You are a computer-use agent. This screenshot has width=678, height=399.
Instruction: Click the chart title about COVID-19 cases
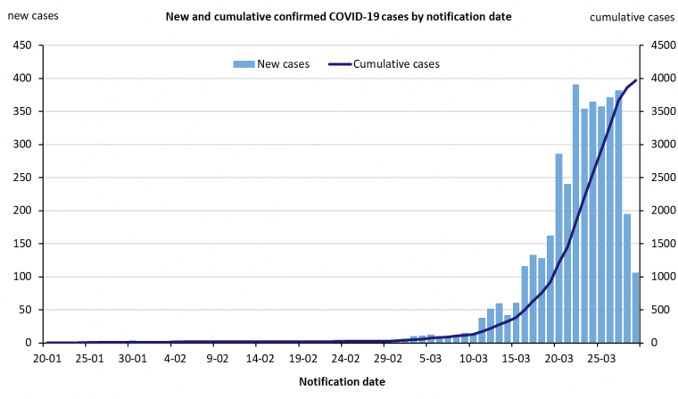pos(338,17)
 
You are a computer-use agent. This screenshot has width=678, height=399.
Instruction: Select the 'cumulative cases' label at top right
pos(633,17)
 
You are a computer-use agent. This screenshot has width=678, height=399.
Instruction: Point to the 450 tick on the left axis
pos(22,46)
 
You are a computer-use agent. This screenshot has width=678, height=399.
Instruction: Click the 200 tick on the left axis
pos(22,211)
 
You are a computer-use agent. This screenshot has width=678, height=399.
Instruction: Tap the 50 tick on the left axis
pos(26,310)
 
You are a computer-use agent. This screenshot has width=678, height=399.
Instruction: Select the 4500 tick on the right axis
pos(657,46)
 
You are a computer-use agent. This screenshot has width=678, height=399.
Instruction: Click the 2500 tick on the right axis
pos(657,178)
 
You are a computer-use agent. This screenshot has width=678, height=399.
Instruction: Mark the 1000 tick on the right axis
pos(657,277)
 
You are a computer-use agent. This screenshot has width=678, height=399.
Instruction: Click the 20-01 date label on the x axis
pos(47,359)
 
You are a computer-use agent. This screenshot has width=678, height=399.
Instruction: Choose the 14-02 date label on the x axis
pos(260,359)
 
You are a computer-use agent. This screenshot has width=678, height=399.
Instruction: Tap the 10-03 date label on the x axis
pos(473,359)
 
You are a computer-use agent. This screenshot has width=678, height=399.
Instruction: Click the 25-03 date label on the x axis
pos(601,359)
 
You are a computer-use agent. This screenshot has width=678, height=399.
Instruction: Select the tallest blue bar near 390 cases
pos(576,214)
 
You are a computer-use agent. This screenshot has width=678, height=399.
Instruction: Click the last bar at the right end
pos(636,308)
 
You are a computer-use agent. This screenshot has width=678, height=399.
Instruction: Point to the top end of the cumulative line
pos(636,80)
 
